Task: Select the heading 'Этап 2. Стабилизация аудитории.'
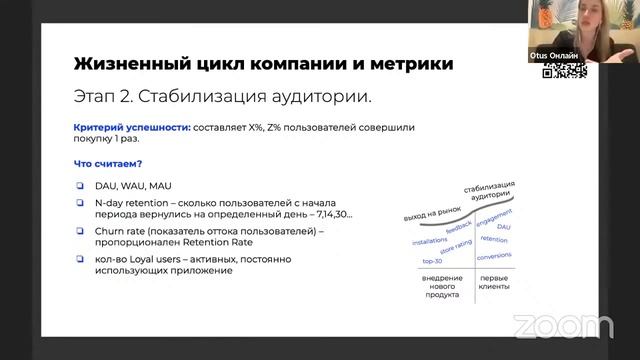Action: pos(223,97)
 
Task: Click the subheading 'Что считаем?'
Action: pos(108,164)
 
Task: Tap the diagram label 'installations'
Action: pos(430,241)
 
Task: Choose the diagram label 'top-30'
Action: pos(431,261)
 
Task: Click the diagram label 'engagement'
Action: pos(494,218)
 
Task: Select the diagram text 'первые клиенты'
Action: pos(494,283)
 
